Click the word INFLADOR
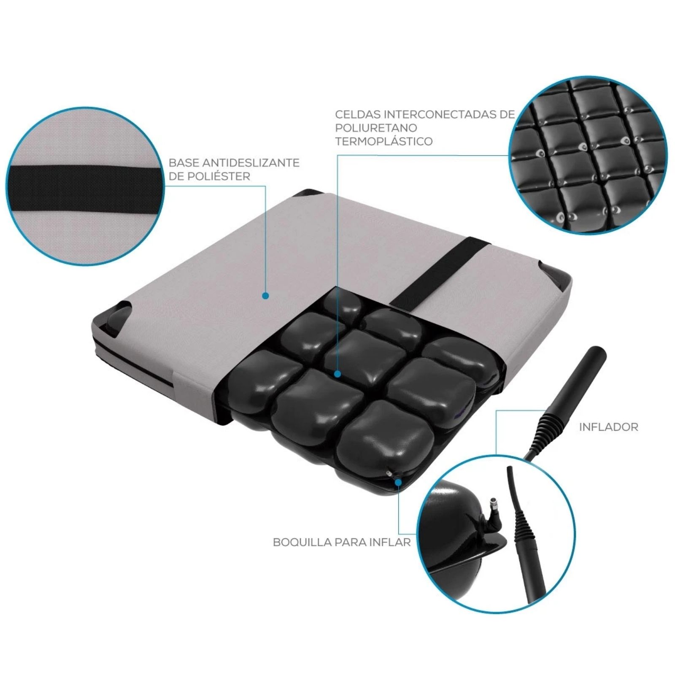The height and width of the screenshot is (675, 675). click(x=608, y=427)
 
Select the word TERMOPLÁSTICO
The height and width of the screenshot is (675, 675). click(x=384, y=141)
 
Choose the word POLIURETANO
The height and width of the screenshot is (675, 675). click(x=376, y=128)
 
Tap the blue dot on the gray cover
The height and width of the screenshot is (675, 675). click(x=265, y=296)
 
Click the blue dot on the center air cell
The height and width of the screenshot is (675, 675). click(x=337, y=374)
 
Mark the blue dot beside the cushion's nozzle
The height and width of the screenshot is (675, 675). click(x=398, y=481)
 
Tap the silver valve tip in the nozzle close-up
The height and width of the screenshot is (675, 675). click(x=492, y=504)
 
